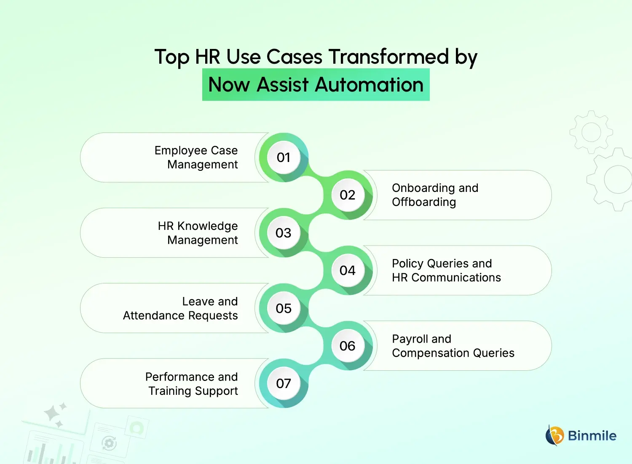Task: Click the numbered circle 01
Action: [x=284, y=157]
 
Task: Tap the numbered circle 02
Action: [x=348, y=195]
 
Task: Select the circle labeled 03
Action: [x=284, y=233]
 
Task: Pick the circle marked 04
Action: [x=348, y=270]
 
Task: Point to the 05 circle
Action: [x=284, y=308]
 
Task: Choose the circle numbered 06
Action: [x=348, y=346]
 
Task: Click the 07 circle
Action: [x=284, y=383]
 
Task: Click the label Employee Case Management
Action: [x=196, y=157]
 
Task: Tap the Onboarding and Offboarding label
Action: [x=435, y=195]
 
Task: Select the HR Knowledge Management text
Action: [x=198, y=233]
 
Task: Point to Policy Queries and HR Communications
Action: [x=446, y=270]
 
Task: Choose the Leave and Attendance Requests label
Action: [x=181, y=308]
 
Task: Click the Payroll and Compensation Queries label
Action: [x=453, y=346]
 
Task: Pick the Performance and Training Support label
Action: [x=192, y=384]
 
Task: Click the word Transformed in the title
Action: [x=388, y=57]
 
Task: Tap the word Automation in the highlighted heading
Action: [x=369, y=85]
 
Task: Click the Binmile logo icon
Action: [x=555, y=435]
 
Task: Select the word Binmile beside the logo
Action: [x=592, y=436]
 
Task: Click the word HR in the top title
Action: [x=207, y=57]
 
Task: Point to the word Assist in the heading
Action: [x=283, y=85]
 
